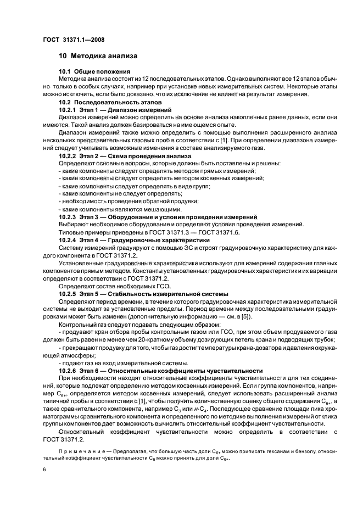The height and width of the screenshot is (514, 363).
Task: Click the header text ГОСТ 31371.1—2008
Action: tap(73, 40)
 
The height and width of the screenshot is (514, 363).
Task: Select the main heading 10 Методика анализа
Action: tap(98, 56)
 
